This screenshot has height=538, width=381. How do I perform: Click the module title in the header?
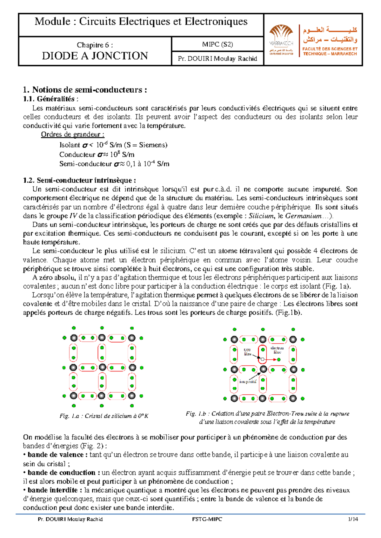coord(141,22)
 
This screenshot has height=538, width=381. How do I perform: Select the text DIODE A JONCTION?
coord(95,56)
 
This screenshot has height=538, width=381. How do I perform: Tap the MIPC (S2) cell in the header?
coord(217,44)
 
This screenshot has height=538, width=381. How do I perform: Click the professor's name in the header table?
coord(217,59)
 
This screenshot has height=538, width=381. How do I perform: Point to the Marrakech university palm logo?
coord(281,35)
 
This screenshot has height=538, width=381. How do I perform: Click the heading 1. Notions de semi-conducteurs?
coord(85,90)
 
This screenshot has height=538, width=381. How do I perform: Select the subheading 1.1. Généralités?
coord(51,99)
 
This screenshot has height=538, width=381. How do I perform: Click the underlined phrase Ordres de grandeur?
coord(72,134)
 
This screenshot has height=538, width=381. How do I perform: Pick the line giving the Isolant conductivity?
coord(113,145)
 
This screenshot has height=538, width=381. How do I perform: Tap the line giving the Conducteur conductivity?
coord(97,155)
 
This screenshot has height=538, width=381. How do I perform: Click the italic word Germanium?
coord(303,216)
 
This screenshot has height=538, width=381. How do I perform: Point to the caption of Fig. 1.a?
coord(104,416)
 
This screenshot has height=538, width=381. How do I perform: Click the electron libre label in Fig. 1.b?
coord(277,350)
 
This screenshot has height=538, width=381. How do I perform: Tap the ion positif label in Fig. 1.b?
coord(248,382)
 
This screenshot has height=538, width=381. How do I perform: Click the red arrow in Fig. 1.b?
coord(271,359)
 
